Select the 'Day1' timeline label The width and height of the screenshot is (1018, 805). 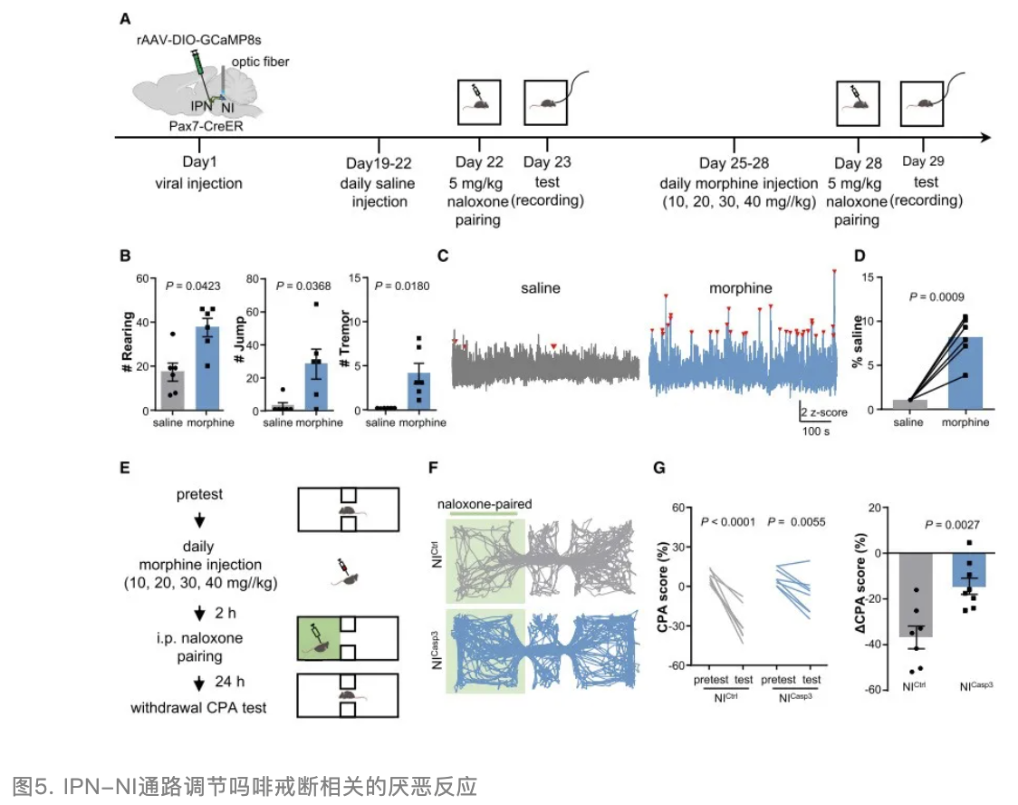click(199, 163)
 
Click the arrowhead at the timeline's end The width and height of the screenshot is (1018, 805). click(982, 138)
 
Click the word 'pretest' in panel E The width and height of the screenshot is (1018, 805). click(199, 496)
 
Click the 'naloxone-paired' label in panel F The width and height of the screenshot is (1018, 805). click(484, 504)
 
